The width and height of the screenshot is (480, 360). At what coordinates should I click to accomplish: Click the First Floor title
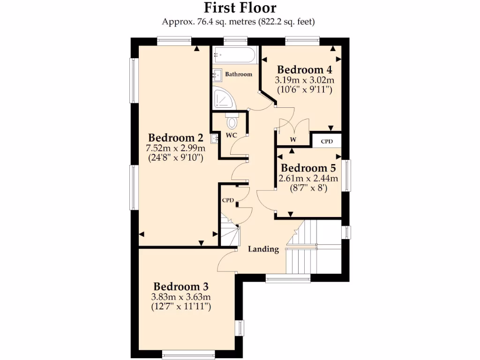click(x=240, y=8)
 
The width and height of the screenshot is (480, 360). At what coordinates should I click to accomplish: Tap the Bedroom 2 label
click(x=175, y=138)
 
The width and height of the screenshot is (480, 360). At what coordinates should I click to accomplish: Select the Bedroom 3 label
click(x=181, y=286)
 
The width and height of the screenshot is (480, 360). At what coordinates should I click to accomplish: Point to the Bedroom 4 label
click(x=305, y=70)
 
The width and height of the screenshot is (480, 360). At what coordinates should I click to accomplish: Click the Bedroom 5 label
click(x=308, y=168)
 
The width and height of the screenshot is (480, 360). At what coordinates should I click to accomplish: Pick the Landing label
click(x=263, y=249)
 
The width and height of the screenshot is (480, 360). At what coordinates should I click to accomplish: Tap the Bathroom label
click(x=239, y=74)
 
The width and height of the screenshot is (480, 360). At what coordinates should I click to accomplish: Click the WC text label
click(x=232, y=135)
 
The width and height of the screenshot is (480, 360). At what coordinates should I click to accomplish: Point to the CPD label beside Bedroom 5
click(x=327, y=141)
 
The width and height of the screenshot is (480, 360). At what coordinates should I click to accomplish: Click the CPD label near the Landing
click(x=228, y=200)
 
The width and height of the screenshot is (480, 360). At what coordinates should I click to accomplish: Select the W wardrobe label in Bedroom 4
click(x=293, y=139)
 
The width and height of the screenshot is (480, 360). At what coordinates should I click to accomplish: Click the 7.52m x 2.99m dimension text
click(x=175, y=148)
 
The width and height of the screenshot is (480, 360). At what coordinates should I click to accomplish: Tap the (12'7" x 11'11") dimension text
click(x=181, y=307)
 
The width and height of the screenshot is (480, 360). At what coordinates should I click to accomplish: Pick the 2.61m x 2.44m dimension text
click(x=308, y=179)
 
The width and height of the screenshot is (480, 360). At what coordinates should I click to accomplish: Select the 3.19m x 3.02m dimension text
click(x=305, y=80)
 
